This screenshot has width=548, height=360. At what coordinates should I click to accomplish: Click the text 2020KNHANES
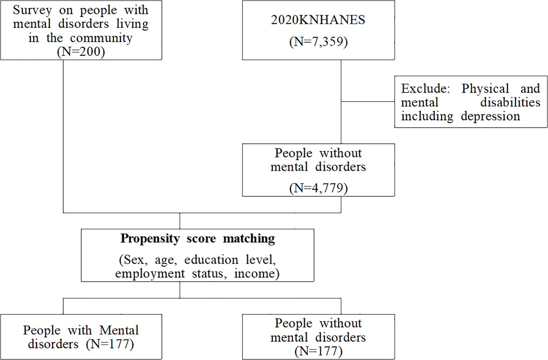point(318,20)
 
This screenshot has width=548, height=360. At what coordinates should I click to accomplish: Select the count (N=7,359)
point(318,41)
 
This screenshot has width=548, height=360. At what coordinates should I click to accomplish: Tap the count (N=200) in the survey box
point(81,52)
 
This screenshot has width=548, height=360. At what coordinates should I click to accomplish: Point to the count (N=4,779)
point(318,188)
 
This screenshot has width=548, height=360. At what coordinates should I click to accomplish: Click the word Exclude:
point(425,88)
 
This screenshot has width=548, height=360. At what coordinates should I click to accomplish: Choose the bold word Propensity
point(150,238)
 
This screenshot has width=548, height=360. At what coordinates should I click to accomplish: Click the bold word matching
point(249,238)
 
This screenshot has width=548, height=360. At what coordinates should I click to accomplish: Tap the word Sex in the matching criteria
point(133,260)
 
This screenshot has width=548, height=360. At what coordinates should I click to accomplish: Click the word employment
point(150,274)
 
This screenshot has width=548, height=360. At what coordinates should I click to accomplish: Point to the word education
point(211,260)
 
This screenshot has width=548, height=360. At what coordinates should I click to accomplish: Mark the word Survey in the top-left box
point(32,10)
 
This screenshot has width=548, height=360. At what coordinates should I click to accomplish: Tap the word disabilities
point(510,102)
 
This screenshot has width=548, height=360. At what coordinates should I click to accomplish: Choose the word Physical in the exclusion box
point(485,88)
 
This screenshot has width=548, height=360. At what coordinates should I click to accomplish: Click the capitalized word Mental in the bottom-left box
point(119,330)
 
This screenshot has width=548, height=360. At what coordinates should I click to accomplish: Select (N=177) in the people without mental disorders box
point(318,351)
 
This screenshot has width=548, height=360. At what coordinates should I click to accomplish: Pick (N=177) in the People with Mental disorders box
point(110,344)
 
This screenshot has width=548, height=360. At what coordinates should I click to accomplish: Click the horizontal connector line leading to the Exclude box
point(368,102)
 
